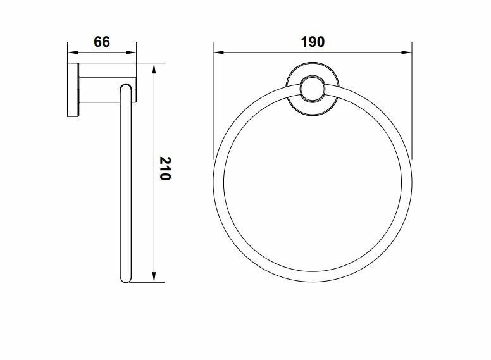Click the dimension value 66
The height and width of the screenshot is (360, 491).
[102, 42]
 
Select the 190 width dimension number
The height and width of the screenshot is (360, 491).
[313, 42]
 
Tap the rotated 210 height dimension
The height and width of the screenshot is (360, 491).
[165, 168]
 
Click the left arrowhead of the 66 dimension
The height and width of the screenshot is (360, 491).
[73, 53]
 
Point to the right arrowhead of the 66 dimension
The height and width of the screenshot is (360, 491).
[131, 53]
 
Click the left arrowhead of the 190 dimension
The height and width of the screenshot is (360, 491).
[218, 53]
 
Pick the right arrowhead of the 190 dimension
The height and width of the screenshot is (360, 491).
[406, 53]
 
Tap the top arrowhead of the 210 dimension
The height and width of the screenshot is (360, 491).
[154, 69]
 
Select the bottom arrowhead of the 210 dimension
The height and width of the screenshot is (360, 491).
[154, 276]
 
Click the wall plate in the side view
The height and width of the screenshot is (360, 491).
[73, 90]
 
